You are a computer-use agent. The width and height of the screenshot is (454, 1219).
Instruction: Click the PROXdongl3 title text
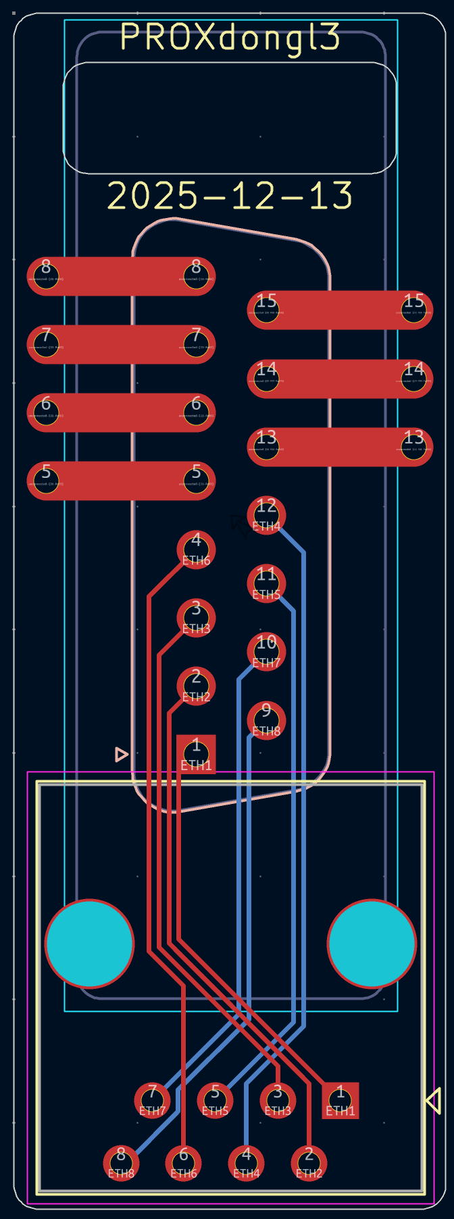[230, 38]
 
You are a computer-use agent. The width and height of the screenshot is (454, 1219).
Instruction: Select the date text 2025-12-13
[230, 196]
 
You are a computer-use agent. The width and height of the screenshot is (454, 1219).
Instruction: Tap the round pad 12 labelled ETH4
[266, 515]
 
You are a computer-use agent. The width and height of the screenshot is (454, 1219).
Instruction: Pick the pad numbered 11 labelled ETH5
[266, 583]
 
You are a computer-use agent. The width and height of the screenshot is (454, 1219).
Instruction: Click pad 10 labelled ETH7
[266, 651]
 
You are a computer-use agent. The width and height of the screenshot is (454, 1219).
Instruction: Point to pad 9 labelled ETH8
[266, 720]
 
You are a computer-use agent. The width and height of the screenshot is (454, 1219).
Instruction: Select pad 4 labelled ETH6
[196, 549]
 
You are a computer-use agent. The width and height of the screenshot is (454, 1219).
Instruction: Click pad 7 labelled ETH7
[152, 1100]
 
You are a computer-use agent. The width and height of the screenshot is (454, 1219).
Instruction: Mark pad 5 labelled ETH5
[215, 1100]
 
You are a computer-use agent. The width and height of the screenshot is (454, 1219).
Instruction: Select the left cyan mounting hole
[89, 943]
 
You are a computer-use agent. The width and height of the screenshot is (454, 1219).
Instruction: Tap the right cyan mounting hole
[372, 943]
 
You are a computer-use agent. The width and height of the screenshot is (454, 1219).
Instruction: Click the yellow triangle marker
[434, 1100]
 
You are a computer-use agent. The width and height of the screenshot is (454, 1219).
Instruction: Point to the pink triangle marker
[121, 754]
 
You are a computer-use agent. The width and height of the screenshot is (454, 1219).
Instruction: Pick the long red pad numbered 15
[340, 310]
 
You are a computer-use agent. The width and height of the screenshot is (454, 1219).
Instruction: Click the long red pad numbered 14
[340, 378]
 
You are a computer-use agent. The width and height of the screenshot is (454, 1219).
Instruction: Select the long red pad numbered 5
[121, 481]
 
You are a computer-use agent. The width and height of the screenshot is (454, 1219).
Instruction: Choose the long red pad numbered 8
[121, 276]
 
